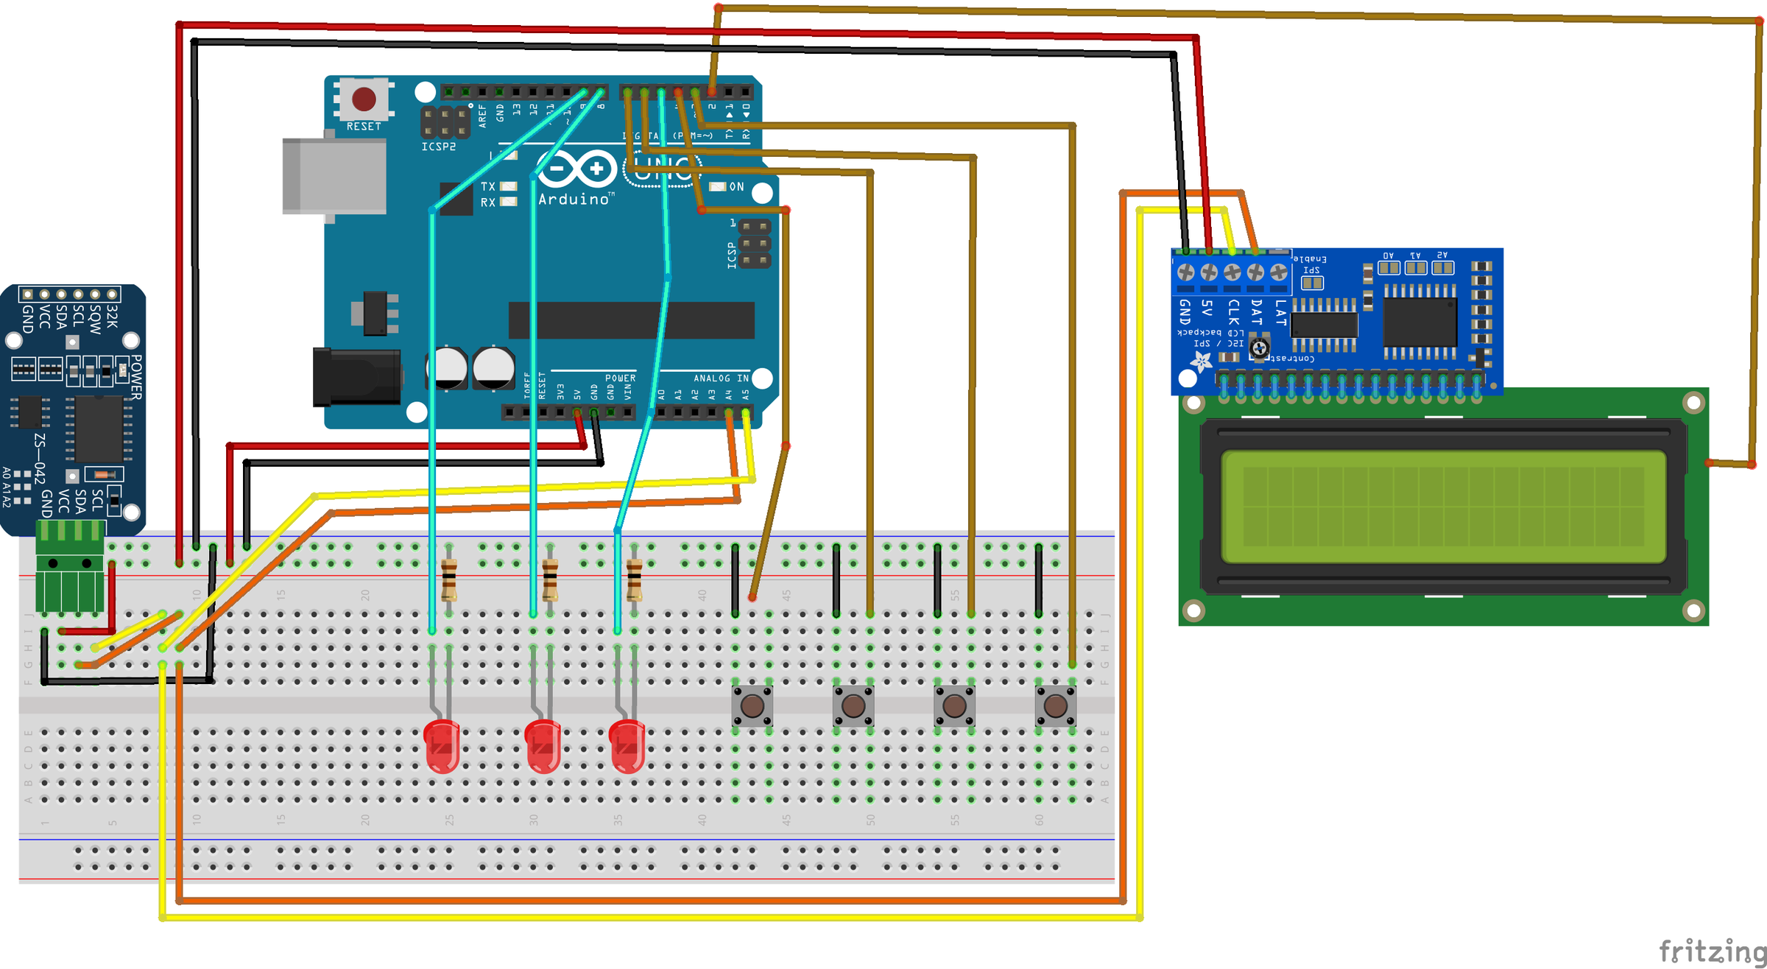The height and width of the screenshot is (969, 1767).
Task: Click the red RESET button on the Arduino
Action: click(x=364, y=99)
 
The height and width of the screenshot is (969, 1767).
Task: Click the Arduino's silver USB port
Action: click(x=334, y=177)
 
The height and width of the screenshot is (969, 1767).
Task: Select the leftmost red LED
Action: click(x=442, y=745)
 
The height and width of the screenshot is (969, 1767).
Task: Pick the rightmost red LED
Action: click(x=627, y=745)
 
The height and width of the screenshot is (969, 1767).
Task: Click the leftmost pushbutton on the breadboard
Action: click(x=752, y=705)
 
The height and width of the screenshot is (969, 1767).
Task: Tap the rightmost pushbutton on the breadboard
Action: click(x=1055, y=705)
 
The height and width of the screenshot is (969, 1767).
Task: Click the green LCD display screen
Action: click(x=1443, y=507)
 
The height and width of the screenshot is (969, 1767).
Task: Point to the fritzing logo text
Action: click(x=1712, y=951)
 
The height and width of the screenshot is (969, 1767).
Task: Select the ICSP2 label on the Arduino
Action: click(x=439, y=147)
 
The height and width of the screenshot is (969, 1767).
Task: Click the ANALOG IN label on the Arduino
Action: click(x=720, y=378)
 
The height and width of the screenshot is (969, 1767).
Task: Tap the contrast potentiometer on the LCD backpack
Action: click(x=1259, y=348)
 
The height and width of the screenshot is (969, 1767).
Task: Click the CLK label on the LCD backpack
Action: click(x=1233, y=312)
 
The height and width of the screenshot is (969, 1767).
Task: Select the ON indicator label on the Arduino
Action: click(x=736, y=187)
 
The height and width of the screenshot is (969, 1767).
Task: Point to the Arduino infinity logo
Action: click(x=576, y=169)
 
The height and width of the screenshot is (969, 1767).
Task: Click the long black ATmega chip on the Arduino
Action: click(x=631, y=320)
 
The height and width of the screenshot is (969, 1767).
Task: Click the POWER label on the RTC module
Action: click(x=136, y=377)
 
